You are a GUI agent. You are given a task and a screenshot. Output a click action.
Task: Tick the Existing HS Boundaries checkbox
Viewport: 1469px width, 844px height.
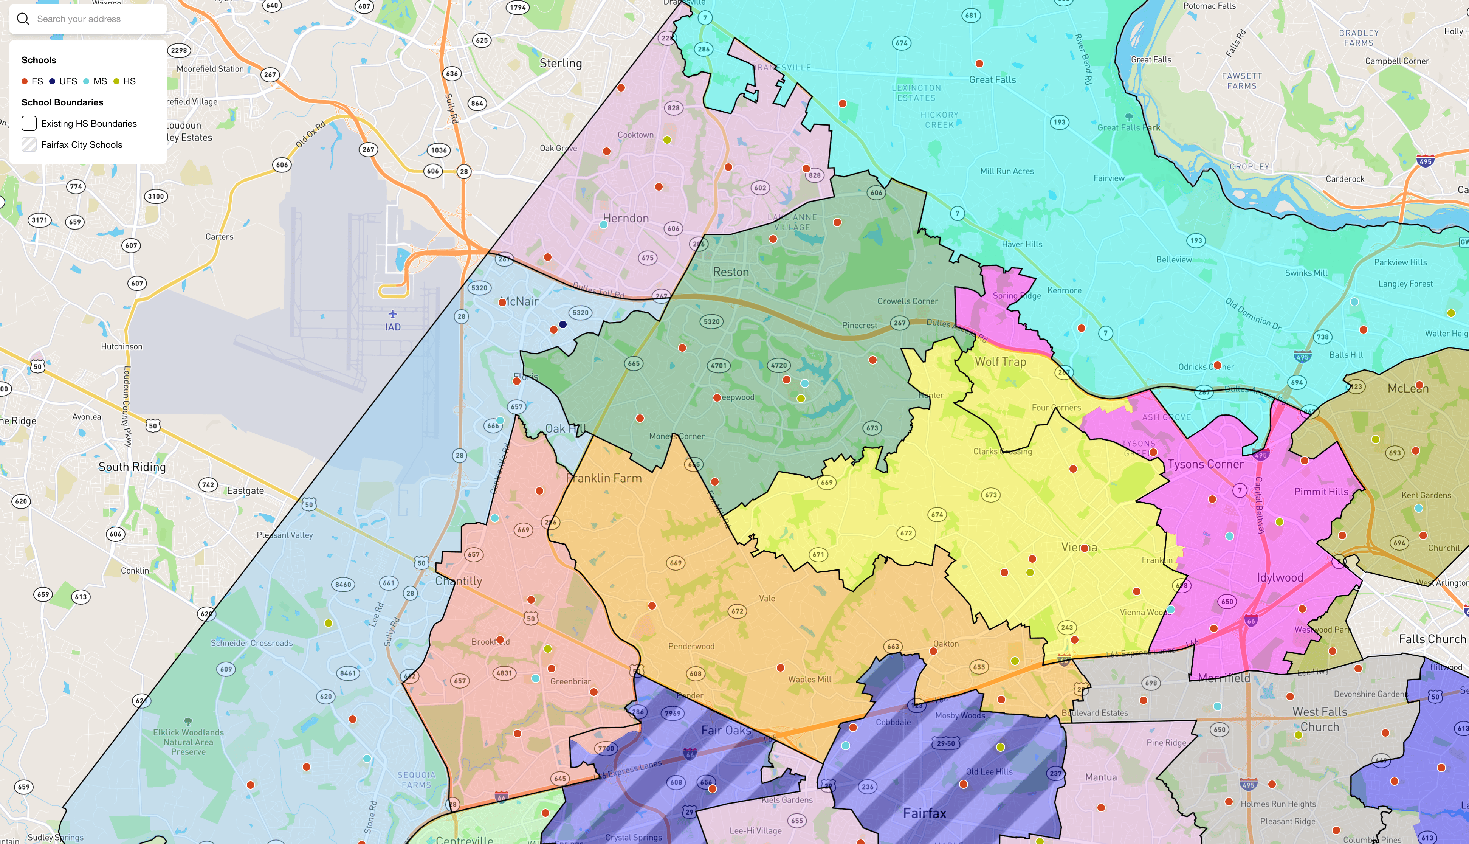(29, 124)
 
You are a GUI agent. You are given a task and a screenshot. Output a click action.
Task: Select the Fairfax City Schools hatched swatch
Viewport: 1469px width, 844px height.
(29, 145)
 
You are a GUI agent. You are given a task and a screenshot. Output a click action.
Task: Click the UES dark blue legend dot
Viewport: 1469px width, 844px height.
(52, 81)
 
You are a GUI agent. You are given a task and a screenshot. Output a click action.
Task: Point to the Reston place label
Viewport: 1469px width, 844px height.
(731, 272)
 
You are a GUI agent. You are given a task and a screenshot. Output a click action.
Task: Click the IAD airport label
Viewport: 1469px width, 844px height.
(393, 327)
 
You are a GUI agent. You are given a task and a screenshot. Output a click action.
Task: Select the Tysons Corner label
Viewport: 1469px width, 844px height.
(1206, 464)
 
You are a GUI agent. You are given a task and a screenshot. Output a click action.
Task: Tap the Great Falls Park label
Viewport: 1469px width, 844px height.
(1128, 127)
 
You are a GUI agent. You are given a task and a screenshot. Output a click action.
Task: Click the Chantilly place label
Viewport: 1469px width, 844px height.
(459, 581)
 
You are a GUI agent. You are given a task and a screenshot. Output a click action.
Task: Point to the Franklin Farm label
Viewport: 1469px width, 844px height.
(604, 478)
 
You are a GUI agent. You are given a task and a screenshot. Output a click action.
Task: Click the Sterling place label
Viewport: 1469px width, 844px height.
(560, 63)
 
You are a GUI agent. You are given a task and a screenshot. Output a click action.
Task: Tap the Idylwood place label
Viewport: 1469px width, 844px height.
(1280, 578)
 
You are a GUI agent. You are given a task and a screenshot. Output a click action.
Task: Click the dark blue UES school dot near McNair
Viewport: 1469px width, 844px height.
(562, 324)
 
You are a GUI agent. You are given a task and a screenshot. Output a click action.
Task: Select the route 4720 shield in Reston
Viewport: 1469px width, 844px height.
(779, 365)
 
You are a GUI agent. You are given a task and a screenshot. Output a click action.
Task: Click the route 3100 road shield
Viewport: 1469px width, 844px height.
(156, 196)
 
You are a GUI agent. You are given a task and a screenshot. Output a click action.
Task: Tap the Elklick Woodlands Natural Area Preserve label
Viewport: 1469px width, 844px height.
(188, 742)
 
